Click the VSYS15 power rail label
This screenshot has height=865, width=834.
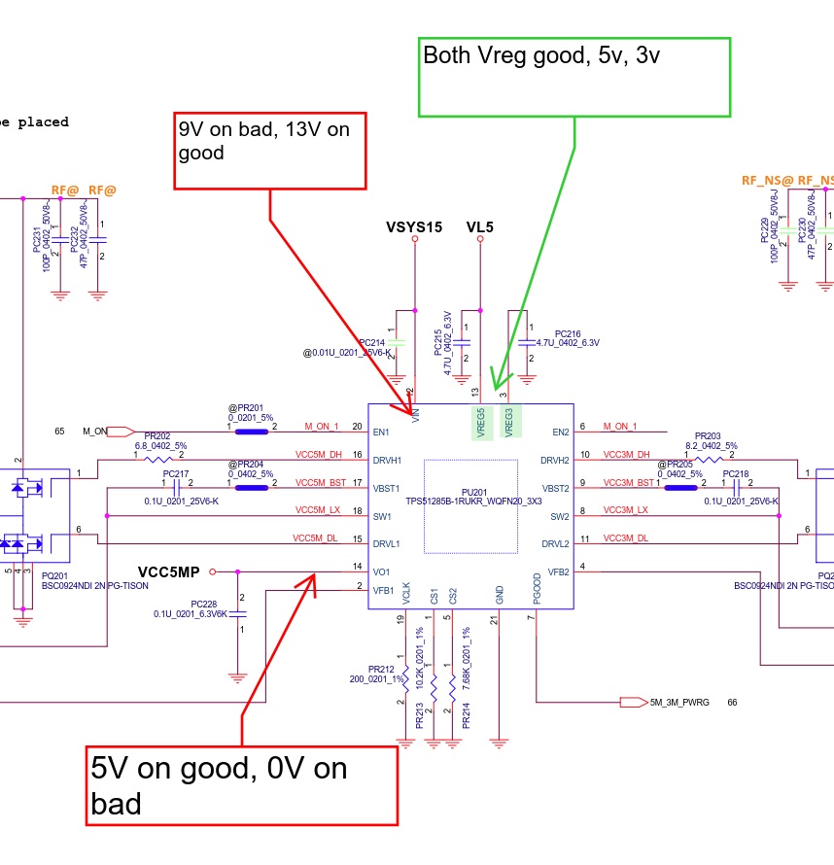pyautogui.click(x=414, y=227)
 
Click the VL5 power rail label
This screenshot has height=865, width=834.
pyautogui.click(x=480, y=227)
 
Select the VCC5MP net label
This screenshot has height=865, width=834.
pyautogui.click(x=171, y=571)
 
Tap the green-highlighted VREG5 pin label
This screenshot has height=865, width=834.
pyautogui.click(x=480, y=422)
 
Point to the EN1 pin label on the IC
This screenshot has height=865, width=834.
pyautogui.click(x=382, y=432)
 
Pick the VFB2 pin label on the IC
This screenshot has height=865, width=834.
pyautogui.click(x=558, y=571)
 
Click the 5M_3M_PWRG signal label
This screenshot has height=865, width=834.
pyautogui.click(x=678, y=702)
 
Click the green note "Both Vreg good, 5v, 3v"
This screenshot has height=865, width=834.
pyautogui.click(x=573, y=78)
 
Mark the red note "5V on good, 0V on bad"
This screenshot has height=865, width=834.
pyautogui.click(x=242, y=786)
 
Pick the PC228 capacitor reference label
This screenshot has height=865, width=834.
pyautogui.click(x=210, y=604)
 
